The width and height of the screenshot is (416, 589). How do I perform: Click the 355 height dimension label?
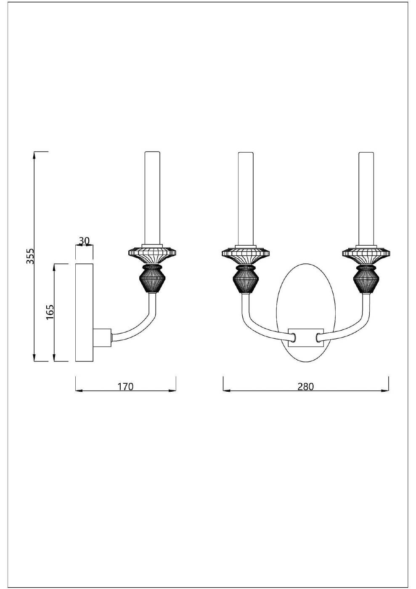coord(31,256)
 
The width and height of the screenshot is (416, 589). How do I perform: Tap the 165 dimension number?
coord(50,312)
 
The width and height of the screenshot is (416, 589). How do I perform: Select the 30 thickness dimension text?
coord(84,241)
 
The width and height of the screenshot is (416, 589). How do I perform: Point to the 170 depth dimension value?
coord(125,387)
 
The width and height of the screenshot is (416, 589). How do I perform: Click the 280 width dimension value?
coord(306,387)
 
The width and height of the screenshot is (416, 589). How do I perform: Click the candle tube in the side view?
coord(153,199)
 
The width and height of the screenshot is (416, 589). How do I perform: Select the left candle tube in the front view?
coord(246,199)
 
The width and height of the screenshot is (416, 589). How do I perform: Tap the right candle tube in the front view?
coord(366,199)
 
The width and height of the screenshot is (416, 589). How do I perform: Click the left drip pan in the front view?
coord(246,255)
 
